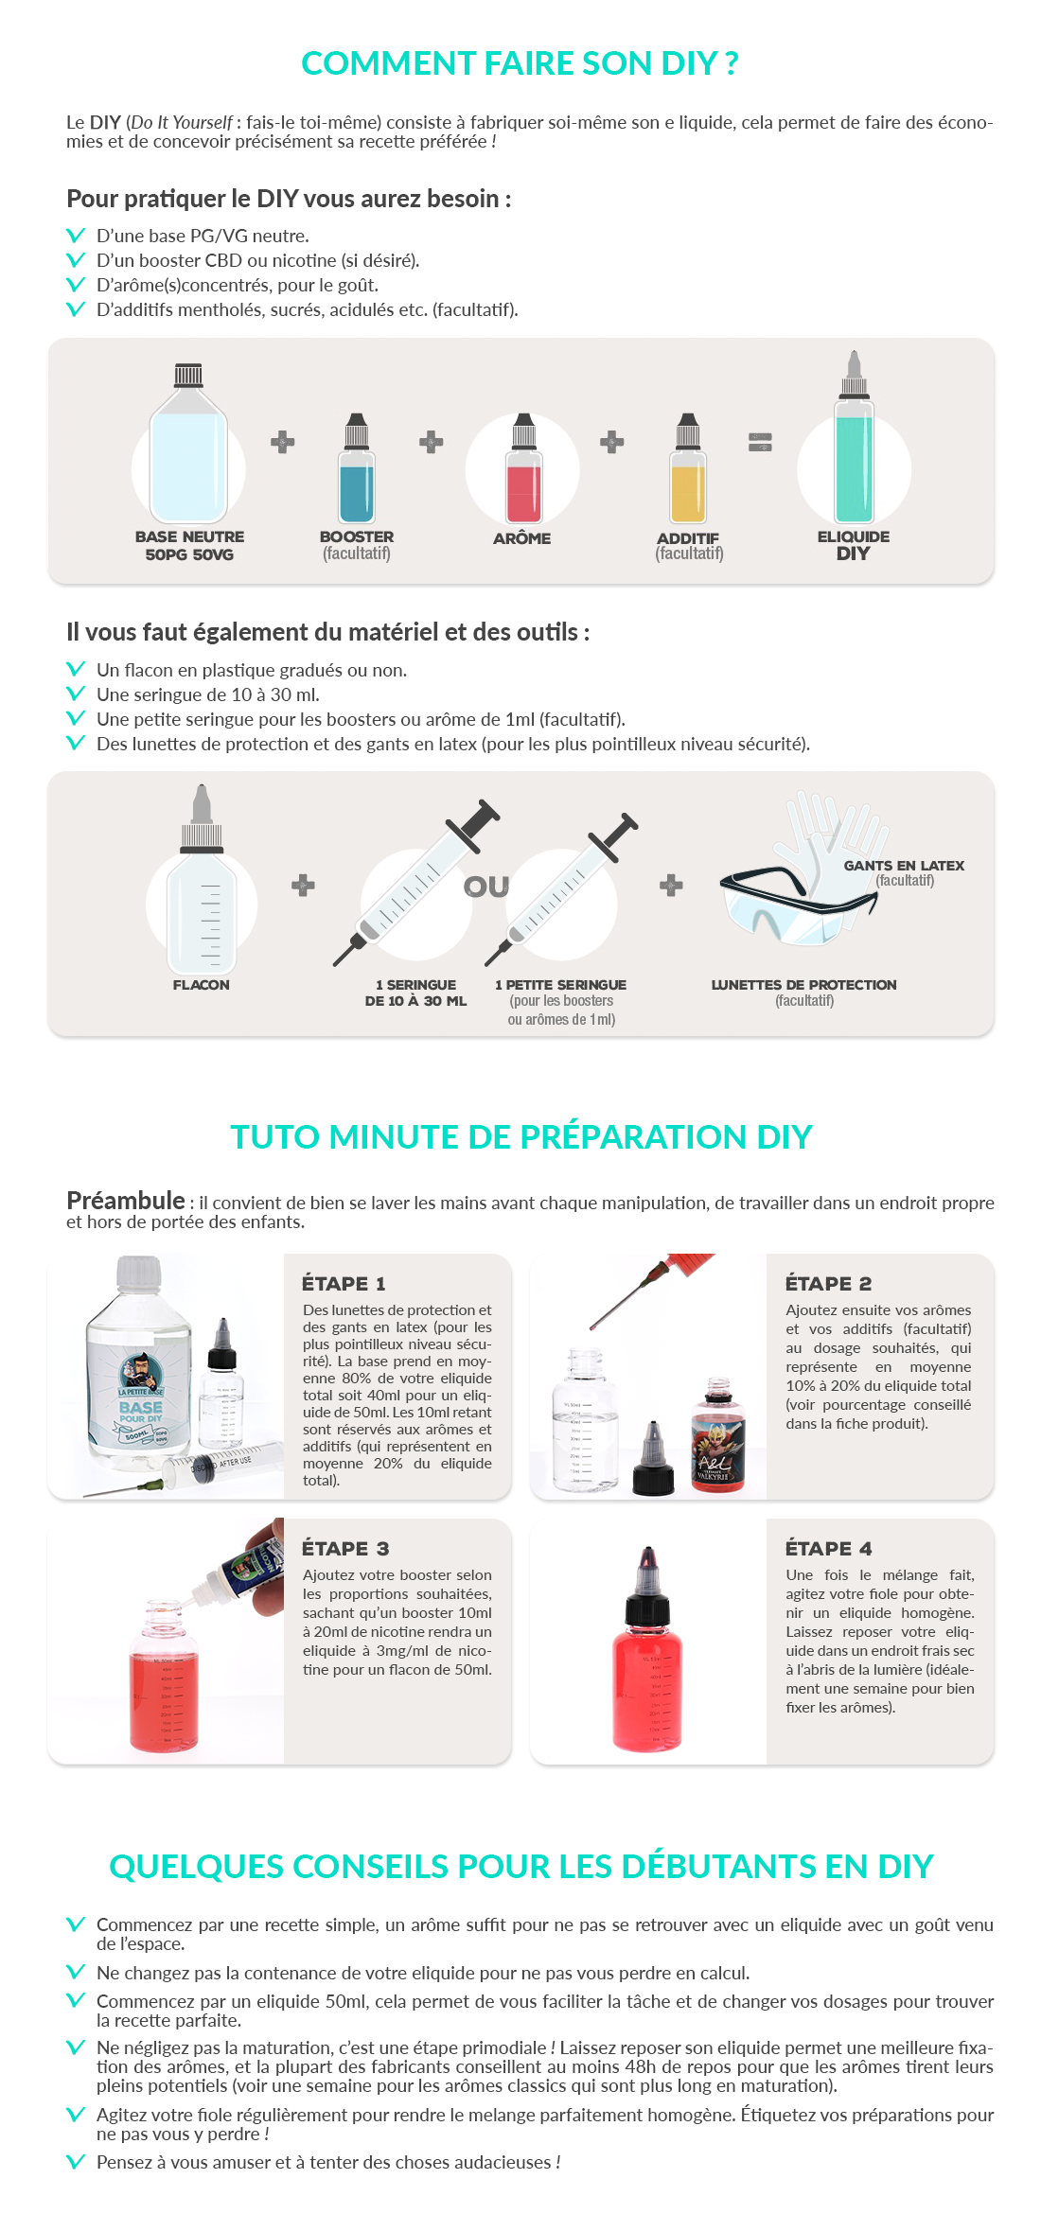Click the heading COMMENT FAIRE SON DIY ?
point(520,63)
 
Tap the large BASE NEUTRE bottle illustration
point(188,443)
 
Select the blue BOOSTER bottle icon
point(357,467)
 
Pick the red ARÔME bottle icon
point(523,467)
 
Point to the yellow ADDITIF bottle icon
point(688,467)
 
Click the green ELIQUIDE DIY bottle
point(854,436)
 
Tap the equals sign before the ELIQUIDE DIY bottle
point(760,442)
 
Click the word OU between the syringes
point(486,887)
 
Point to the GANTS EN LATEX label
point(904,866)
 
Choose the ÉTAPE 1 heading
point(344,1284)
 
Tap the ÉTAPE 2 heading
point(828,1284)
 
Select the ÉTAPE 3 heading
point(345,1549)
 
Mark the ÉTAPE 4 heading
point(828,1549)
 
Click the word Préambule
point(126,1201)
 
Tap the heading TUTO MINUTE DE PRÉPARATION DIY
point(520,1136)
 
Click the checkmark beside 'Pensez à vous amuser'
point(76,2161)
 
